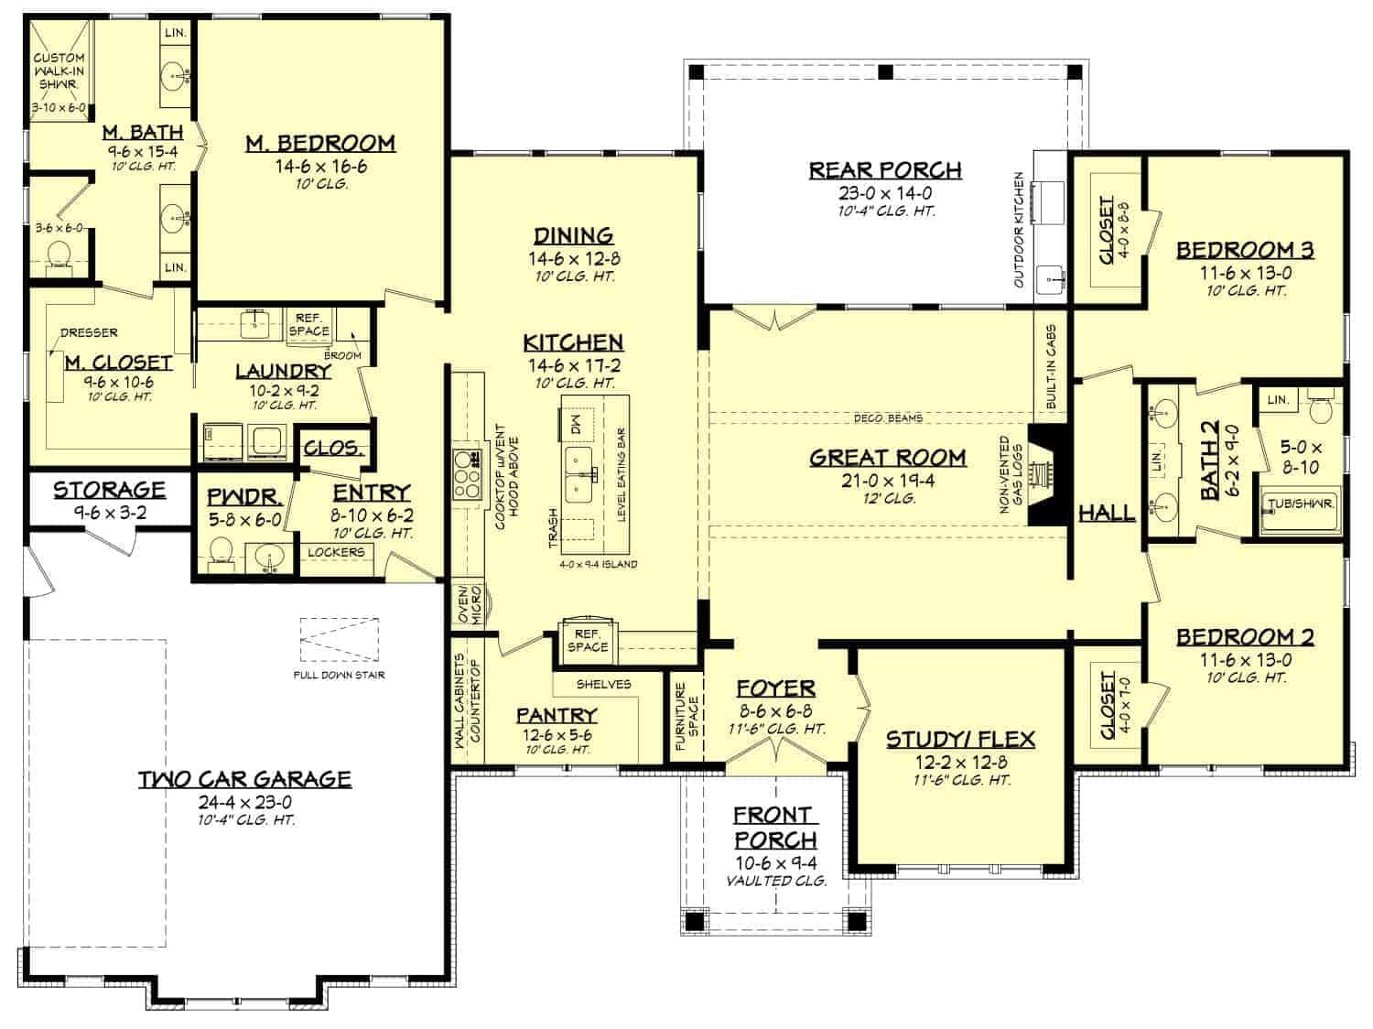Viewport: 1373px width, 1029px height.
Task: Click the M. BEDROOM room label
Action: click(320, 144)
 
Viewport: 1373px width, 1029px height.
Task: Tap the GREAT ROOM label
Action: click(887, 458)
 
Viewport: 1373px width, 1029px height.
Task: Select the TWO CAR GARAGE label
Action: click(244, 779)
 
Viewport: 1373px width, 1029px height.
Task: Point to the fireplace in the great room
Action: click(1043, 475)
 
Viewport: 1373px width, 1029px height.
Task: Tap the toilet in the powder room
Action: click(221, 552)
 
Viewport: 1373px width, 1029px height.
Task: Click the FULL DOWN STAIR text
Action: click(339, 676)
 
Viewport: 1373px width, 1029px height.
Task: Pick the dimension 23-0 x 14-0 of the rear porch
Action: click(884, 194)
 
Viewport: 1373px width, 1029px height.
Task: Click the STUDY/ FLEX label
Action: click(960, 740)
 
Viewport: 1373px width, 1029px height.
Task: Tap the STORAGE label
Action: click(109, 490)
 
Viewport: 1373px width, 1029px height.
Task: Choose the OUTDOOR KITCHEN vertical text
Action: click(1019, 230)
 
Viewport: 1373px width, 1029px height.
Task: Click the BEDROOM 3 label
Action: click(1244, 250)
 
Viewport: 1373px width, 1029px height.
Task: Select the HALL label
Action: click(1107, 513)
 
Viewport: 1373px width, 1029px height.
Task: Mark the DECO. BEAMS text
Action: click(888, 418)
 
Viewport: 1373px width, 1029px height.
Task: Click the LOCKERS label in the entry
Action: click(336, 553)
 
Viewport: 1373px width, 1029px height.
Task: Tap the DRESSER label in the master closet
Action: click(88, 333)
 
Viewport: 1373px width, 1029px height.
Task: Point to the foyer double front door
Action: click(775, 749)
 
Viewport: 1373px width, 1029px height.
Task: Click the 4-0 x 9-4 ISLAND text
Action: click(599, 565)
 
